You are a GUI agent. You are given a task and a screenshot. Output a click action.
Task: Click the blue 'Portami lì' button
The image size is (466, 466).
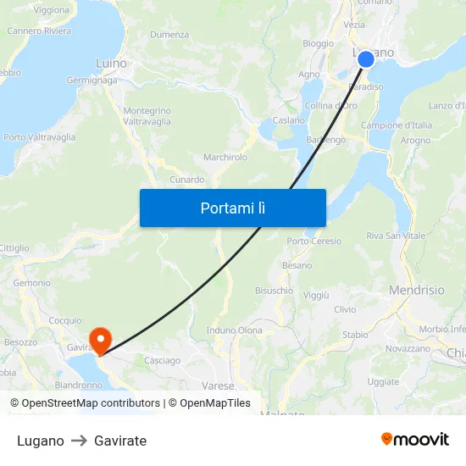coord(232,208)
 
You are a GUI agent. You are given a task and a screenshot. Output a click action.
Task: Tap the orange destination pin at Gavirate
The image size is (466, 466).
coord(100,341)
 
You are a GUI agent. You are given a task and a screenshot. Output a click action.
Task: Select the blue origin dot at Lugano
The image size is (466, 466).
coord(365,58)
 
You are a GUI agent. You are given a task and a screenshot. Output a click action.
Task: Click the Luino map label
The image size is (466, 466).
coord(111,64)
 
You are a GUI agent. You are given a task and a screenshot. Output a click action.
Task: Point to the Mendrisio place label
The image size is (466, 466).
coord(416,290)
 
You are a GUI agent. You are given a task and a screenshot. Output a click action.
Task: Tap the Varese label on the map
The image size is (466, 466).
coord(218,386)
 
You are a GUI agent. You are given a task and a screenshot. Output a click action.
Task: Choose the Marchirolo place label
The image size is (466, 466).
coord(225,158)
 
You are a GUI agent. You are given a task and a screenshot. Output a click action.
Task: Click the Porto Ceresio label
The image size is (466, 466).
coord(314,241)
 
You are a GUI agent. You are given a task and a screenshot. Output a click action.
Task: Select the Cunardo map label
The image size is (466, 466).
coord(187,180)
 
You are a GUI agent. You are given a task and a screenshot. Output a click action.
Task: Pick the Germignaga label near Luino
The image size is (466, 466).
coord(90,80)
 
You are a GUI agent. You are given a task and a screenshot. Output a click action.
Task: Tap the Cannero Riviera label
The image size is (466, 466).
coord(39,31)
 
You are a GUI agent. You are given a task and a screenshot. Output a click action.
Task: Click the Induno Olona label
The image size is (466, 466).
coord(235,330)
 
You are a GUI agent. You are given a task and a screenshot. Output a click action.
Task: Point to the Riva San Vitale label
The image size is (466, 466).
coord(396,236)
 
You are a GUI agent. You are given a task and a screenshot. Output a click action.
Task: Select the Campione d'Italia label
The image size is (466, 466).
coord(397,125)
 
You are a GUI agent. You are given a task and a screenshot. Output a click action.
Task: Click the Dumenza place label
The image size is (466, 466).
coord(169,35)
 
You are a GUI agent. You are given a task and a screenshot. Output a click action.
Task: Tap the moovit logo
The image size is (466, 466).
coord(414,439)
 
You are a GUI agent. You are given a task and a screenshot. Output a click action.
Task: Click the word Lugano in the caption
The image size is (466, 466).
coord(40,441)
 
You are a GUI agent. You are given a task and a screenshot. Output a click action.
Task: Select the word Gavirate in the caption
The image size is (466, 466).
coord(120,441)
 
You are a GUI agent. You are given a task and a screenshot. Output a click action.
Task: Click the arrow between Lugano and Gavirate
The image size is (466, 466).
coord(79,441)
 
